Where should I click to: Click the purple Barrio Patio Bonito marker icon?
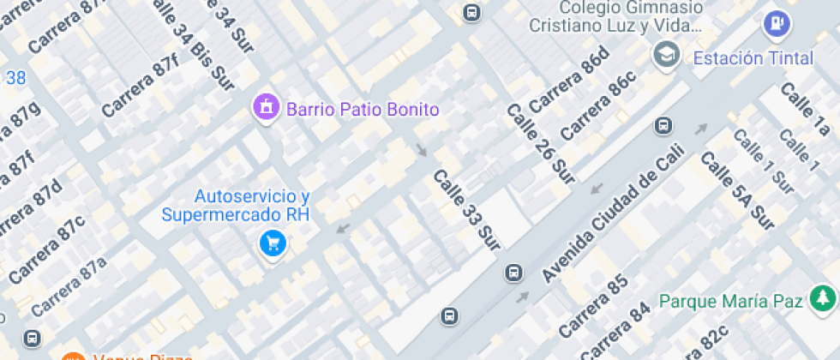click(267, 108)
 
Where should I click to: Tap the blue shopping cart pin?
click(273, 243)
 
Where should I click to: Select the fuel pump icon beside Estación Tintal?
click(776, 23)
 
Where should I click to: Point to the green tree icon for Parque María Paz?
click(822, 299)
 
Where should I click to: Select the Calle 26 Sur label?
click(540, 150)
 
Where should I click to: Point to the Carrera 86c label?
click(599, 106)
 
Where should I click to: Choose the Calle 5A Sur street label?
click(737, 191)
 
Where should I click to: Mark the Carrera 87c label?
click(48, 249)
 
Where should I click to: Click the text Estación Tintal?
click(752, 58)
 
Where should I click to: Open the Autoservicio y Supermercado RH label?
click(235, 206)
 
